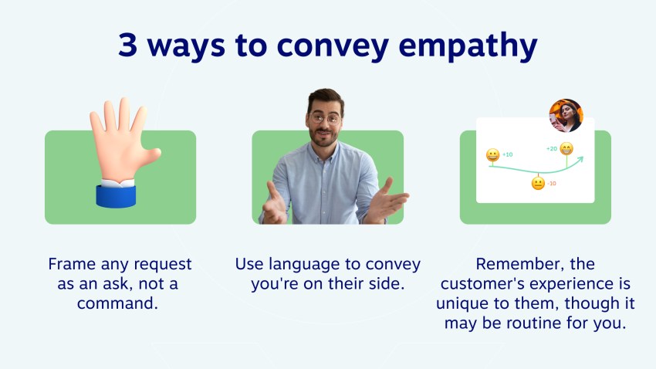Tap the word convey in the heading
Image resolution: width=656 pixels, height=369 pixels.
[x=336, y=47]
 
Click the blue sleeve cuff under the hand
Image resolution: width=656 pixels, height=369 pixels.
[x=116, y=194]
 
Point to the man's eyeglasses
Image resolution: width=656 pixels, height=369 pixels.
[x=326, y=119]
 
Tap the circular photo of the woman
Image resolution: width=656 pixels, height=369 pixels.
[x=566, y=116]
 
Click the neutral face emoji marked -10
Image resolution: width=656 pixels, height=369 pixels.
[x=538, y=184]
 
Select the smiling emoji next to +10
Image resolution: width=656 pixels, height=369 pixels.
[x=492, y=155]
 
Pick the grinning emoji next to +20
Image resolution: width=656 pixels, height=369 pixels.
[x=566, y=149]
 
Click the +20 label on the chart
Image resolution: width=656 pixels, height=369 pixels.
[x=551, y=148]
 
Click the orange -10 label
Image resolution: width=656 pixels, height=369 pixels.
[x=552, y=184]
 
